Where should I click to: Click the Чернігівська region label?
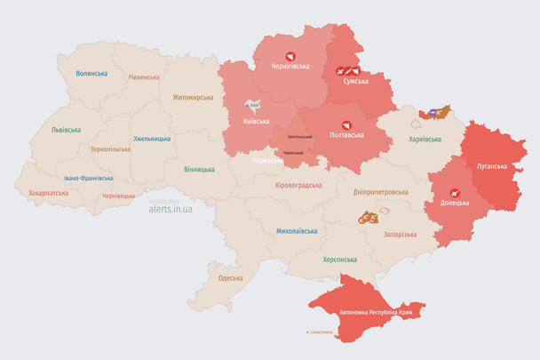(x=290, y=67)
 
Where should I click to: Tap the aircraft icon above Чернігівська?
(x=290, y=55)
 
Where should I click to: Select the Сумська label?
(x=356, y=81)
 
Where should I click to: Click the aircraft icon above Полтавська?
(x=346, y=124)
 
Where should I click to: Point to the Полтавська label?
(x=346, y=135)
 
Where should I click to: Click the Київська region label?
(x=256, y=121)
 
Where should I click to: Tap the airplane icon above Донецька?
(x=455, y=192)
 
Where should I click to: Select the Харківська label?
(x=425, y=140)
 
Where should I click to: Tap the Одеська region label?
(x=230, y=278)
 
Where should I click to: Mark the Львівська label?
(x=66, y=130)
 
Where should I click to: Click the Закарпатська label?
(x=48, y=192)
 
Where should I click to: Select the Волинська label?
(x=91, y=74)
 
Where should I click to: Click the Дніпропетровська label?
(x=380, y=192)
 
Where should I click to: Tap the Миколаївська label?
(x=297, y=231)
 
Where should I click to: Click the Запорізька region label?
(x=400, y=234)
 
